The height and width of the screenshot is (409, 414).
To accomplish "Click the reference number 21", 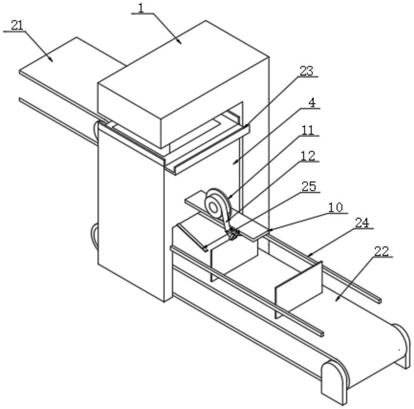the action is pos(17,25).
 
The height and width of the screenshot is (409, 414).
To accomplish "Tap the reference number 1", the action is pos(141,8).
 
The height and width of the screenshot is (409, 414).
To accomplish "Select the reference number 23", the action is pos(306,71).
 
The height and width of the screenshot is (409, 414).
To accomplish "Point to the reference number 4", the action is pos(312,103).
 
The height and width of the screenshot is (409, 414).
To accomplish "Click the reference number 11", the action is pos(307,130).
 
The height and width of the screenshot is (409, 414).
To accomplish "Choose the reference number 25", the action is pos(309,187).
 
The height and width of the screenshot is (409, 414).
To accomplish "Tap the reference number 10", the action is pos(335,207).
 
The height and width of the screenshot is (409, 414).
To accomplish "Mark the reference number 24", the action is pos(362,223).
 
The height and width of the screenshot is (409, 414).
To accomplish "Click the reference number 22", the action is pos(381,251).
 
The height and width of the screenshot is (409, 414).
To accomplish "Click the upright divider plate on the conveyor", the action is pos(299,290).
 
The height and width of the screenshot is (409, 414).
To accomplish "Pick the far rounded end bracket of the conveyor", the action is pos(402,346).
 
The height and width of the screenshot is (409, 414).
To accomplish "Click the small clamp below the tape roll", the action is pos(233,234).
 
